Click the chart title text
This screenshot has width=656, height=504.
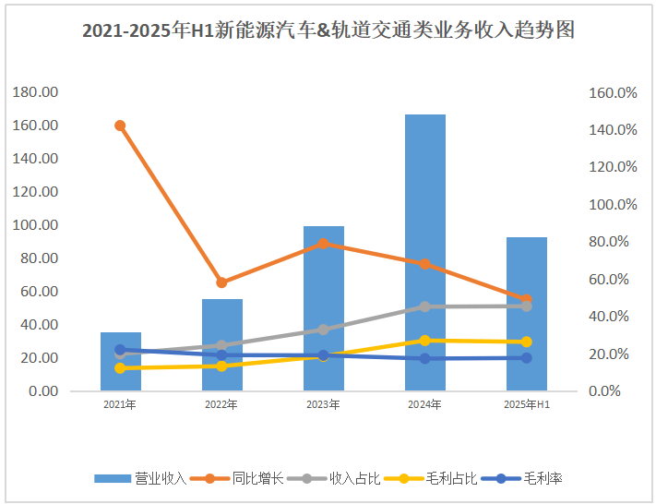[328, 30]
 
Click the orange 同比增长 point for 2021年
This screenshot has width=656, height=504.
[120, 126]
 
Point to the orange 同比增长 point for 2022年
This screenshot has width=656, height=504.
[221, 282]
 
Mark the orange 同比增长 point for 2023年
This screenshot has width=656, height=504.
[323, 244]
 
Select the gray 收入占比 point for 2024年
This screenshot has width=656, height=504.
[424, 306]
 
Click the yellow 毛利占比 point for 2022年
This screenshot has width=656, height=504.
[221, 366]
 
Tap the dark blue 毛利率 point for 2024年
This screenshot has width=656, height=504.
[424, 358]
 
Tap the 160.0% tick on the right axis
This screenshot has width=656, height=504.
[612, 93]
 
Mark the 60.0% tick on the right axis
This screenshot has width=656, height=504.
[612, 280]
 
